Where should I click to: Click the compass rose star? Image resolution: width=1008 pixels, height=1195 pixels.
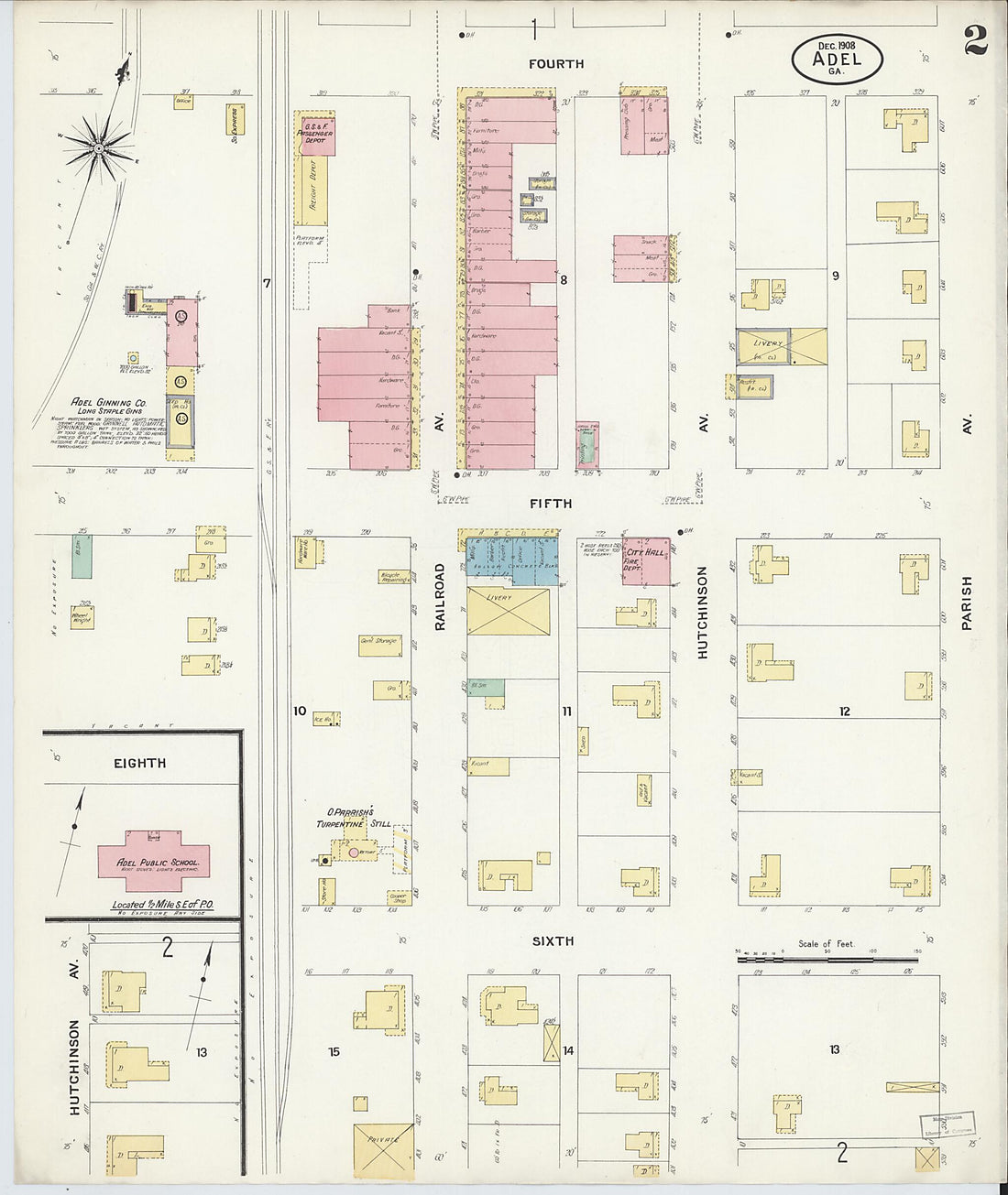(98, 147)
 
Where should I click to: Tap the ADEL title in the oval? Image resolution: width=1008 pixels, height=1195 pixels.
(837, 60)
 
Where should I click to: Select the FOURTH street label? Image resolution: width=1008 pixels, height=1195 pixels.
(555, 64)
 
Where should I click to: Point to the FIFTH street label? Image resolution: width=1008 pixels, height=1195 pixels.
(551, 504)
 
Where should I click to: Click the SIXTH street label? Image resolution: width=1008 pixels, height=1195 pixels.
(553, 940)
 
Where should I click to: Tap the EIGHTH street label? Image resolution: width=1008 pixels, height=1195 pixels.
(140, 763)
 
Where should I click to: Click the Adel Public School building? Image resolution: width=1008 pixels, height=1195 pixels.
(149, 863)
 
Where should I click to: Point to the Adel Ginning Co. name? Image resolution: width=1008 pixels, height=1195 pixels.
(110, 402)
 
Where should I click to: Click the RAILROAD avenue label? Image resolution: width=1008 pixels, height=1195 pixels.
(440, 596)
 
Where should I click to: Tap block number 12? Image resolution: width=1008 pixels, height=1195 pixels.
(844, 711)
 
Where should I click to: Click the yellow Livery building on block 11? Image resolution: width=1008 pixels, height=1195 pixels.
(508, 611)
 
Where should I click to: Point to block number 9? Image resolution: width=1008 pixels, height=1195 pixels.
(835, 275)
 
